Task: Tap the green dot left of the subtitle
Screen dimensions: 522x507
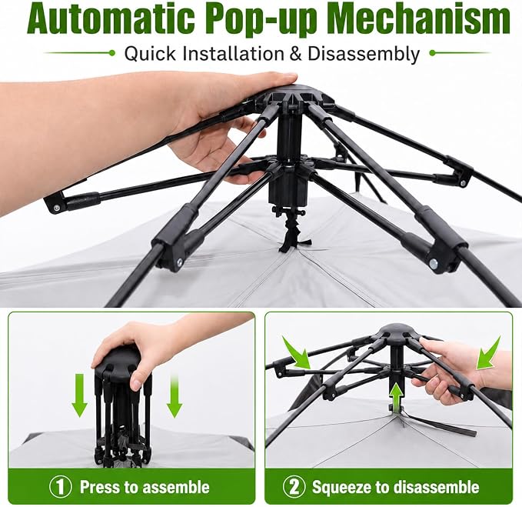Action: point(112,52)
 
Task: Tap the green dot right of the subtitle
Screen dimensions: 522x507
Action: point(433,52)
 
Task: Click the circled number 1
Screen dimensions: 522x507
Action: point(61,487)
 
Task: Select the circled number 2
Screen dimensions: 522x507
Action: point(294,487)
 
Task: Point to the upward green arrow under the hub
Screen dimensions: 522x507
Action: point(396,397)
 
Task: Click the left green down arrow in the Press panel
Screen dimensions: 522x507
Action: point(79,395)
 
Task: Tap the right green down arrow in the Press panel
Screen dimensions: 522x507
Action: point(175,395)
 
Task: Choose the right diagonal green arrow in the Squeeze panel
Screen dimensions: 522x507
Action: point(488,352)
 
